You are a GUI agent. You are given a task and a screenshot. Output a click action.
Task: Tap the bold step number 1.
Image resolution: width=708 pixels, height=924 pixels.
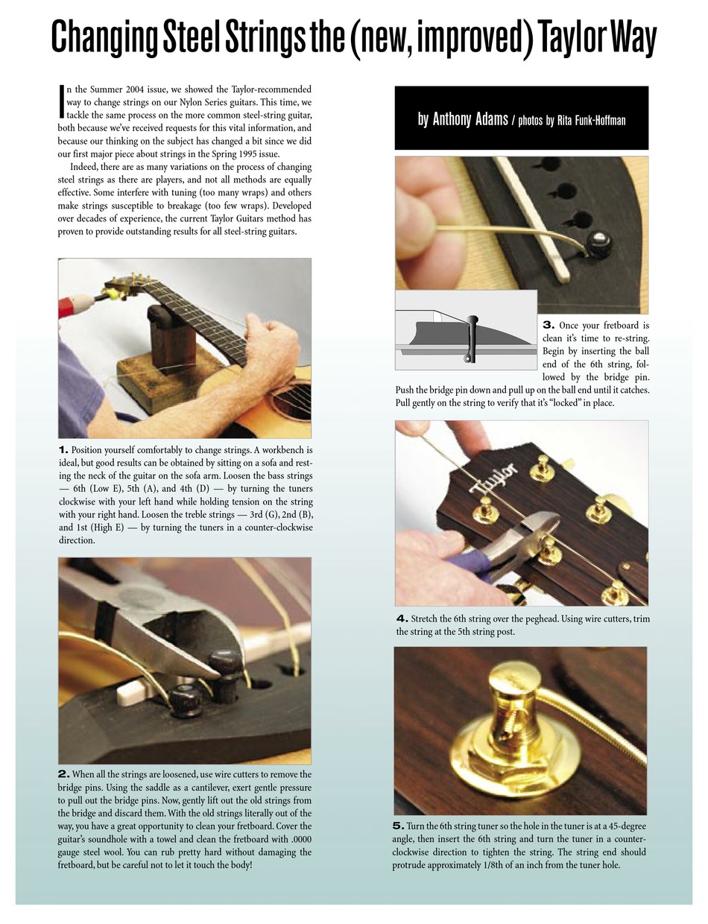(x=63, y=450)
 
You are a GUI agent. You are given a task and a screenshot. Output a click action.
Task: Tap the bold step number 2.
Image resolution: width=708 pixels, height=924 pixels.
(x=63, y=775)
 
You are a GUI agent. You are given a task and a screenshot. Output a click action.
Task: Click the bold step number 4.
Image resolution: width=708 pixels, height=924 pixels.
(x=402, y=618)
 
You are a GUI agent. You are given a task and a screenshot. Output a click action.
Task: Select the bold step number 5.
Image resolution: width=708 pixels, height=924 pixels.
(x=398, y=826)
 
